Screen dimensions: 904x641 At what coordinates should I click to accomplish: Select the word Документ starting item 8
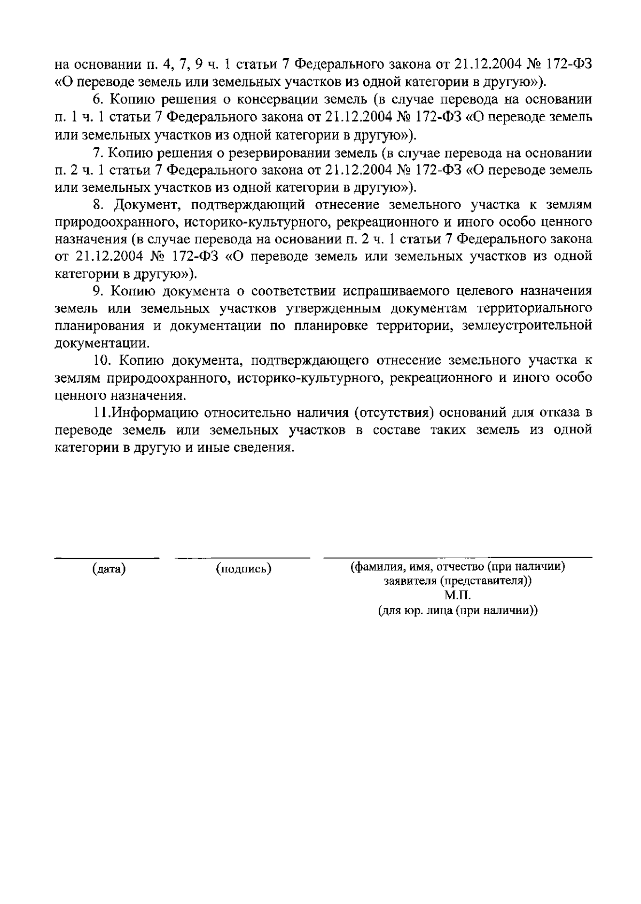point(135,205)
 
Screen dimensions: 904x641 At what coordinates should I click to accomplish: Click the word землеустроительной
point(527,326)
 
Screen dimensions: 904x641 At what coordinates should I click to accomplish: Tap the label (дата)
point(109,569)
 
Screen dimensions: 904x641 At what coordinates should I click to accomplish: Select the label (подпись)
point(244,569)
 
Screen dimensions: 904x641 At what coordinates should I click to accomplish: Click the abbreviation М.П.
point(458,596)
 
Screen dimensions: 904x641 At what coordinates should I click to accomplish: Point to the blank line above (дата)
point(107,558)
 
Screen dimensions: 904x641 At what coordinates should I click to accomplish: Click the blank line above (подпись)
point(243,558)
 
